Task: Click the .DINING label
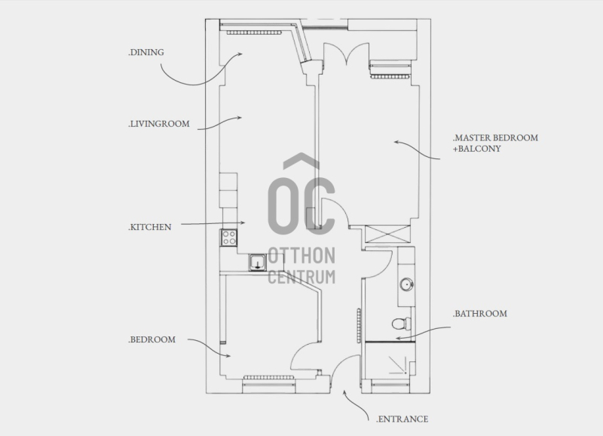(x=146, y=52)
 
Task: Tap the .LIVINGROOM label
(x=159, y=124)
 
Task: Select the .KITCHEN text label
(x=149, y=227)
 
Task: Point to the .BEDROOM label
(x=152, y=339)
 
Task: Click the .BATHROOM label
(x=479, y=314)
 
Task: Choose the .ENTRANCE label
(x=402, y=419)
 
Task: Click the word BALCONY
(x=479, y=149)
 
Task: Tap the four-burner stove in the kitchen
(x=229, y=238)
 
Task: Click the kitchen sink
(x=257, y=263)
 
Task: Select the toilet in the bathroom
(x=402, y=324)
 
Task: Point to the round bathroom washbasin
(x=406, y=285)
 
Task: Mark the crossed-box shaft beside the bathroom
(x=387, y=234)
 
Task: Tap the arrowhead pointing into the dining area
(x=240, y=54)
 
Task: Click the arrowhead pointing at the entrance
(x=344, y=392)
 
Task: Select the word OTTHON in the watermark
(x=301, y=256)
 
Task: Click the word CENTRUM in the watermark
(x=301, y=277)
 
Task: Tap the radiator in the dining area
(x=253, y=32)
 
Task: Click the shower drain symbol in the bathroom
(x=399, y=365)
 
